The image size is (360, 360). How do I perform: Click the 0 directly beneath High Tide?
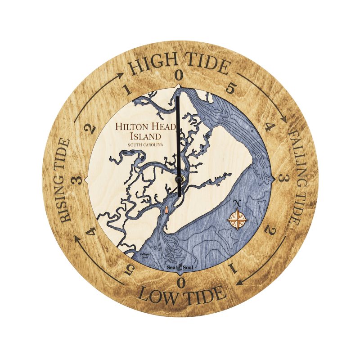point(179,75)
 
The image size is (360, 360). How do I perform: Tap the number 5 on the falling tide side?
point(230,88)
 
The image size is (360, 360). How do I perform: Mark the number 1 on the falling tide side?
point(233,269)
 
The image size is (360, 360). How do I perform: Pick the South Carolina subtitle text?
point(145,145)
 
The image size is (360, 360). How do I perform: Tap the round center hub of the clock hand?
point(180,179)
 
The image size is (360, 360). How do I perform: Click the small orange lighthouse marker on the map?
point(166,210)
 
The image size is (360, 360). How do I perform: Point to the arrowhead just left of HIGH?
point(121,74)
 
